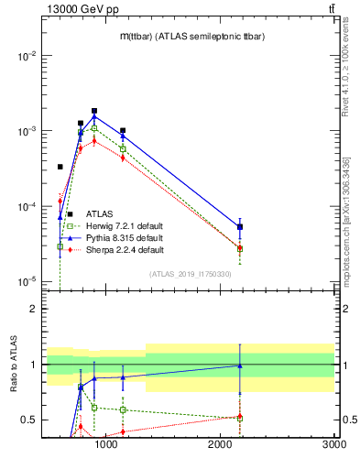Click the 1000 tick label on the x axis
click(107, 444)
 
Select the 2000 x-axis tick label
click(221, 444)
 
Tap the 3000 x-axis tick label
click(334, 444)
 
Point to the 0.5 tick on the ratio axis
click(30, 420)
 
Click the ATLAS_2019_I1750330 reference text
click(191, 274)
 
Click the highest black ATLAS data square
click(94, 111)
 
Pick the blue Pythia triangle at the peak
click(94, 116)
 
